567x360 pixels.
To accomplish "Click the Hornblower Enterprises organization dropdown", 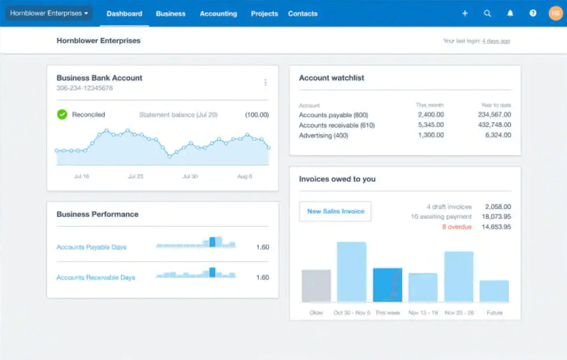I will click(49, 13).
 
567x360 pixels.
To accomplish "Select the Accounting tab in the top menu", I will click(218, 13).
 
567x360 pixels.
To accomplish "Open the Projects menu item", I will click(264, 13).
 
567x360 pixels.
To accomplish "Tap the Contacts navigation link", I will click(302, 13).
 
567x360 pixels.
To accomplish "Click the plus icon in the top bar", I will click(465, 13).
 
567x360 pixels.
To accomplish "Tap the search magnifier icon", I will click(487, 13).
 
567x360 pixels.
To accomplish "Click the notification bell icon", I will click(510, 13).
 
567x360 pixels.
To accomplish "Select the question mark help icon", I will click(532, 13).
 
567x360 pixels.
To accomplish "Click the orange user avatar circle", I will click(555, 13).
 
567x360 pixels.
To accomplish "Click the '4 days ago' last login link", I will click(496, 41).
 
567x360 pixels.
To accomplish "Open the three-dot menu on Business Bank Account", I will click(265, 82).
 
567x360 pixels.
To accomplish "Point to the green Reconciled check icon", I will click(62, 115).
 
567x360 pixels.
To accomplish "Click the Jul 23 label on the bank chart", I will click(136, 176).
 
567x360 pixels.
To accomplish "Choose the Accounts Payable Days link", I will click(91, 247).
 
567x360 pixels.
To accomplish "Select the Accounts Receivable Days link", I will click(96, 278).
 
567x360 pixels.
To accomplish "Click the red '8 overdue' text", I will click(457, 227).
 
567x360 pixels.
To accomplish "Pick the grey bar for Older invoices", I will click(316, 285).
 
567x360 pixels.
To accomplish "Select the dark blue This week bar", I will click(387, 285).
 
